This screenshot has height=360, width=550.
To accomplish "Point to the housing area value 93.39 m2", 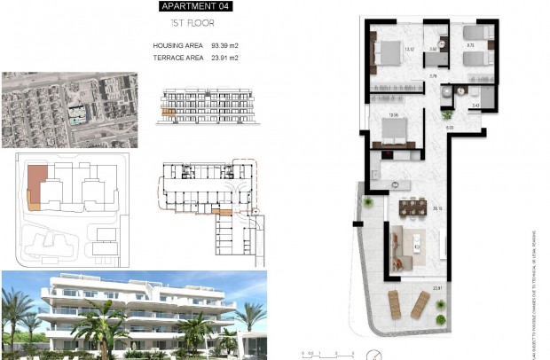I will (x=224, y=45).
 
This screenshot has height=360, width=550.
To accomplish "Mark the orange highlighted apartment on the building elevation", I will (x=165, y=109).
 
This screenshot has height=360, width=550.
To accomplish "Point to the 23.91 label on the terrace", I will (x=436, y=286).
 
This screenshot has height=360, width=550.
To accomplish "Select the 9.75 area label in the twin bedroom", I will (x=471, y=44).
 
